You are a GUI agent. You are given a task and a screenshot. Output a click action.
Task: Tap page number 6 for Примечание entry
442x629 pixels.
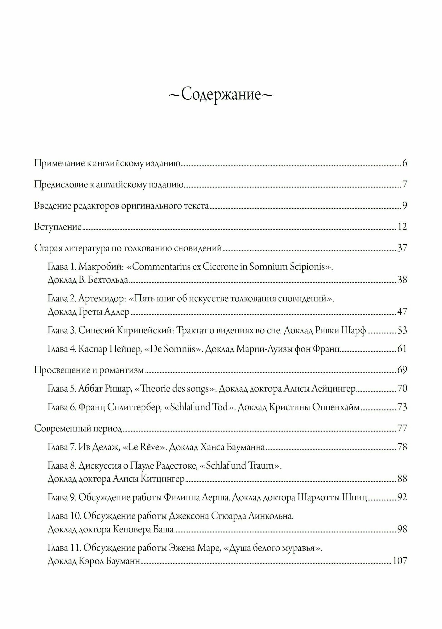(405, 164)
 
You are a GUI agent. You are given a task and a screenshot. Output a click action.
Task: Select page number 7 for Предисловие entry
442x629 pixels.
(405, 185)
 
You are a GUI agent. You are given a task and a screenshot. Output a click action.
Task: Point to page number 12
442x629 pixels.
(402, 227)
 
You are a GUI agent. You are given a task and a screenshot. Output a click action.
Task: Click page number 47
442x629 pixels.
(402, 312)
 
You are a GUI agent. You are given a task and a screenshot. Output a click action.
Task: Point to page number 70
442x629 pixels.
(402, 389)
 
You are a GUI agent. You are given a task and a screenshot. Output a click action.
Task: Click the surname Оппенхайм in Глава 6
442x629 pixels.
(336, 408)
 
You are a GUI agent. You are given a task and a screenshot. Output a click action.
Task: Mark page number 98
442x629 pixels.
(402, 530)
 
